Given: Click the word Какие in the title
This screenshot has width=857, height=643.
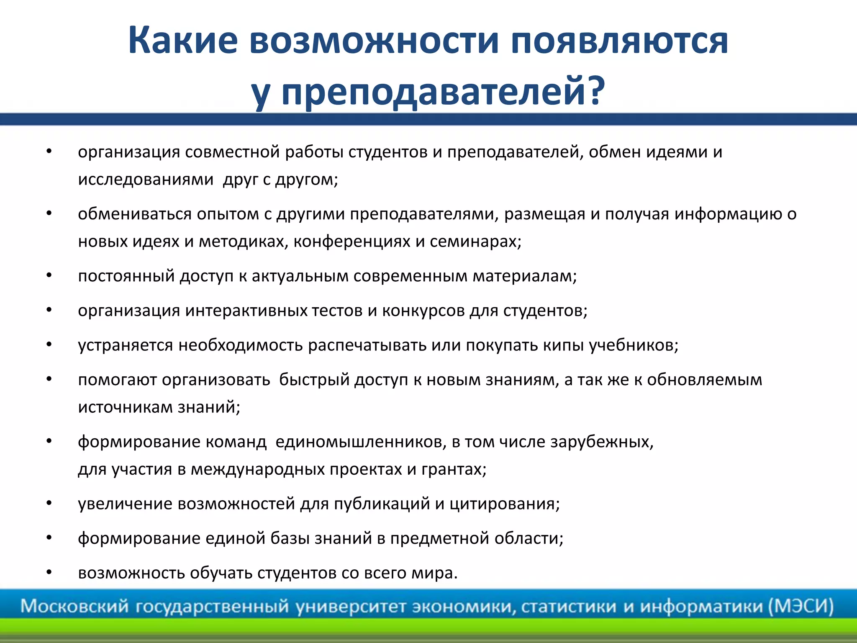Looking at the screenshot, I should click(183, 41).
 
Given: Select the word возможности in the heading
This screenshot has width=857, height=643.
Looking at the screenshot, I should click(374, 41).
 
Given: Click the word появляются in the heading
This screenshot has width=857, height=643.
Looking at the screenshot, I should click(619, 41).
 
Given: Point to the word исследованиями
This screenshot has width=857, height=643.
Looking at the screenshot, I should click(146, 180).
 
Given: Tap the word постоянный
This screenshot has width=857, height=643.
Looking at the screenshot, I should click(126, 276).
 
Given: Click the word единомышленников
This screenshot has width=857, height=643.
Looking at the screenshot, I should click(361, 442).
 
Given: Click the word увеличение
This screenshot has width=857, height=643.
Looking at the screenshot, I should click(125, 504).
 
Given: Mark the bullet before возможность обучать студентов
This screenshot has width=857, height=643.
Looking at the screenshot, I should click(49, 572).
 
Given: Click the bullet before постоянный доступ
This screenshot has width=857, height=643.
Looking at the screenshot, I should click(49, 276).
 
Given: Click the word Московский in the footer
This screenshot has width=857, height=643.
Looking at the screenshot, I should click(74, 606).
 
